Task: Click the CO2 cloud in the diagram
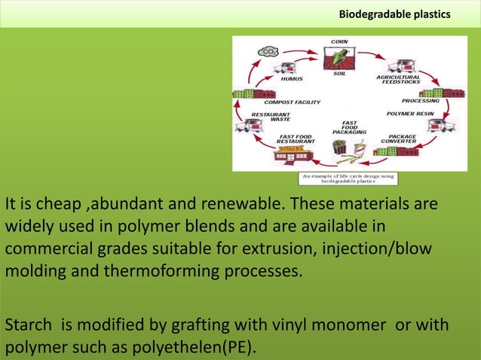[268, 51]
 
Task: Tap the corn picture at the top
[339, 57]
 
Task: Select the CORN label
[339, 41]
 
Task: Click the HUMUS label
[292, 78]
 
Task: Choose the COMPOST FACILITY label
[292, 102]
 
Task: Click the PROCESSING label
[421, 100]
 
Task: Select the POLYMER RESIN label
[410, 114]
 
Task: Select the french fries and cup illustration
[348, 151]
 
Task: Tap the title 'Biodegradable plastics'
[394, 14]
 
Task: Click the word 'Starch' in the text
[26, 325]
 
